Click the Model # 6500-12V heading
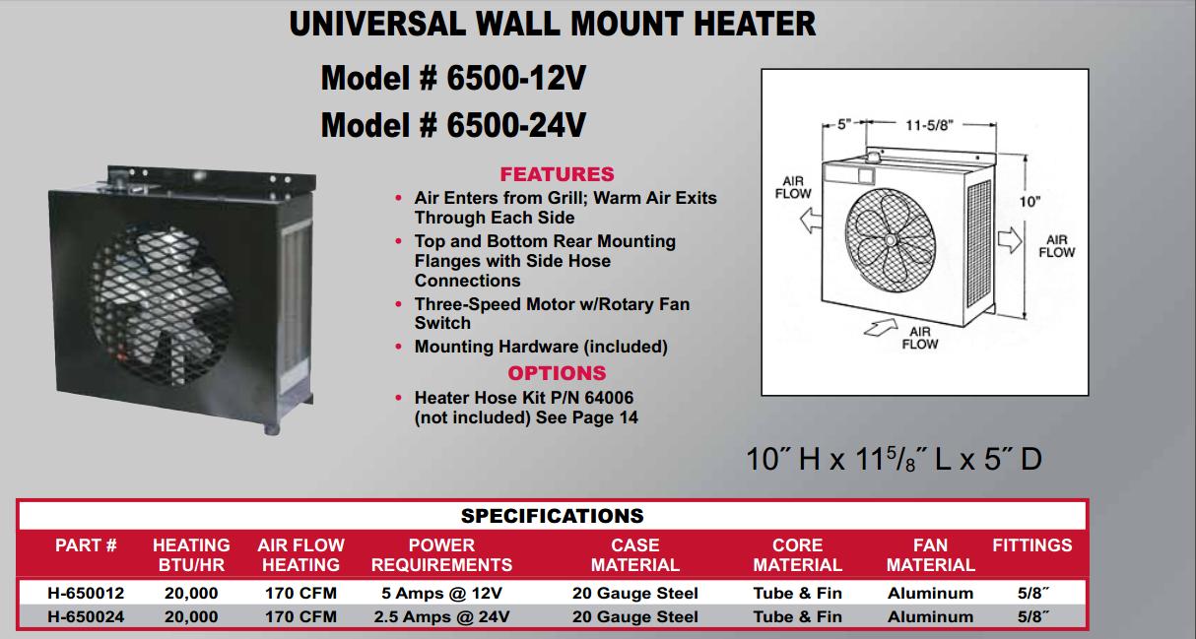click(453, 78)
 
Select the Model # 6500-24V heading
click(453, 125)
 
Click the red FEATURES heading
click(557, 174)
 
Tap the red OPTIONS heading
click(557, 372)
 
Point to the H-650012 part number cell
click(86, 593)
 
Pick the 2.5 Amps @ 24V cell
click(441, 616)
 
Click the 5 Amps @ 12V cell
click(441, 593)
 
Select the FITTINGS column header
click(1032, 545)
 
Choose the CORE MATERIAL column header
click(798, 554)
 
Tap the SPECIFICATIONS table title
click(552, 516)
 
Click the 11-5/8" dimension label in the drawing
click(929, 125)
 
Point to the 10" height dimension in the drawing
click(1030, 202)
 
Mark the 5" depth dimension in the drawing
click(844, 124)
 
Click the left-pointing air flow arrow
click(811, 220)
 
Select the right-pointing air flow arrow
click(1010, 239)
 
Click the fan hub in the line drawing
click(890, 240)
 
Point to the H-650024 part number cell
click(86, 616)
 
